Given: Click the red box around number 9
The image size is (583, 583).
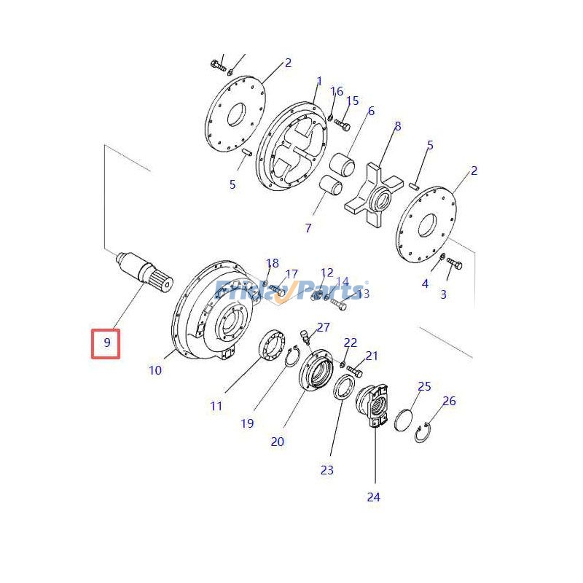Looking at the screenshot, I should pyautogui.click(x=106, y=343).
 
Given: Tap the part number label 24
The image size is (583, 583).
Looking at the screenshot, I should pyautogui.click(x=374, y=497).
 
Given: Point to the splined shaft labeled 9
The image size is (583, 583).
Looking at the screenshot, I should pyautogui.click(x=146, y=274).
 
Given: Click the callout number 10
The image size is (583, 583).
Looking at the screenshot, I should pyautogui.click(x=155, y=370).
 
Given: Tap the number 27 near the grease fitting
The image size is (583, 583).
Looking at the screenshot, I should pyautogui.click(x=323, y=328).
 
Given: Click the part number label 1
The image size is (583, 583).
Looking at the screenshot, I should pyautogui.click(x=318, y=81).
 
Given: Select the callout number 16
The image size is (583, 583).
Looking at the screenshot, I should pyautogui.click(x=336, y=91).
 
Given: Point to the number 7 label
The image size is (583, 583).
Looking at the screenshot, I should pyautogui.click(x=308, y=228).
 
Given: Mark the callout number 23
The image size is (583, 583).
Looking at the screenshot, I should pyautogui.click(x=326, y=470).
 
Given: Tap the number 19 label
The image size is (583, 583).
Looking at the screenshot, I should pyautogui.click(x=247, y=423).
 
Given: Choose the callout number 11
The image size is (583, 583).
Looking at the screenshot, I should pyautogui.click(x=216, y=406).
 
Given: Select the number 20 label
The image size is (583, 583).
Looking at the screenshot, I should pyautogui.click(x=277, y=441).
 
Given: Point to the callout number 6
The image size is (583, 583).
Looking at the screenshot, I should pyautogui.click(x=371, y=111).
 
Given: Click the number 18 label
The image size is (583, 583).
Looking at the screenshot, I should pyautogui.click(x=272, y=263).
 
